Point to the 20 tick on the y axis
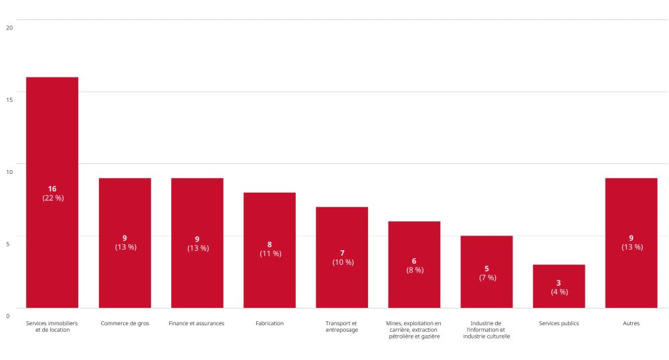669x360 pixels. [x=9, y=27]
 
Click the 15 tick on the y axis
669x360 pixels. [x=9, y=100]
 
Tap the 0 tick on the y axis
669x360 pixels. [x=7, y=316]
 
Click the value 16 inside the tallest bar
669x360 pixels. [x=52, y=189]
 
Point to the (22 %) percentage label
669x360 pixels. [x=52, y=198]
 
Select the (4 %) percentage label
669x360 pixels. [x=559, y=292]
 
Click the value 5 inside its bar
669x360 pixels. [x=486, y=268]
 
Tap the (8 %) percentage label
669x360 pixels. [x=414, y=270]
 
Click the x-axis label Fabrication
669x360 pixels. [x=270, y=323]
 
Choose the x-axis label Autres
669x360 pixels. [x=631, y=323]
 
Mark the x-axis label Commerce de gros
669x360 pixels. [x=125, y=323]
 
